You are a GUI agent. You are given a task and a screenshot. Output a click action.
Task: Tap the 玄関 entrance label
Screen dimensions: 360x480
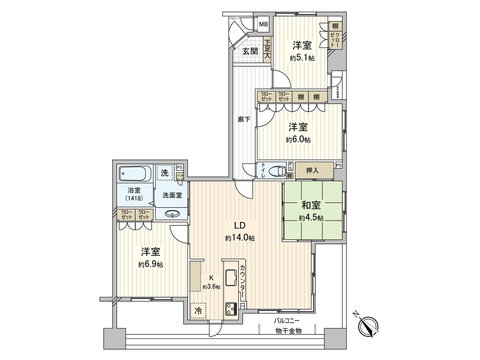251,51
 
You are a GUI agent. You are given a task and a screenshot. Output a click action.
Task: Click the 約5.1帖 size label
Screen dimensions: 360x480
302,58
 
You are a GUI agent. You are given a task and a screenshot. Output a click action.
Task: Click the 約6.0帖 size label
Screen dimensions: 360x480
298,140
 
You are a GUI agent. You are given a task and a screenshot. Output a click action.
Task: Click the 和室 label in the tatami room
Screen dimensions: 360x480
311,206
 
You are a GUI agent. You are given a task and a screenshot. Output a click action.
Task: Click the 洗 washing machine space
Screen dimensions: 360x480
164,173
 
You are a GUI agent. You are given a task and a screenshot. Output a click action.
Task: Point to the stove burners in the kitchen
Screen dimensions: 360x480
231,308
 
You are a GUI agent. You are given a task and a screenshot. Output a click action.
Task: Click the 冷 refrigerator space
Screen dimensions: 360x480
198,310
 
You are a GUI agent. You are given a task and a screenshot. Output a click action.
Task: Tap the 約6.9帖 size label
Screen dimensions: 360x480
150,265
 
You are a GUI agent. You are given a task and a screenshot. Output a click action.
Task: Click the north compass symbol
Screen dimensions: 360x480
369,326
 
